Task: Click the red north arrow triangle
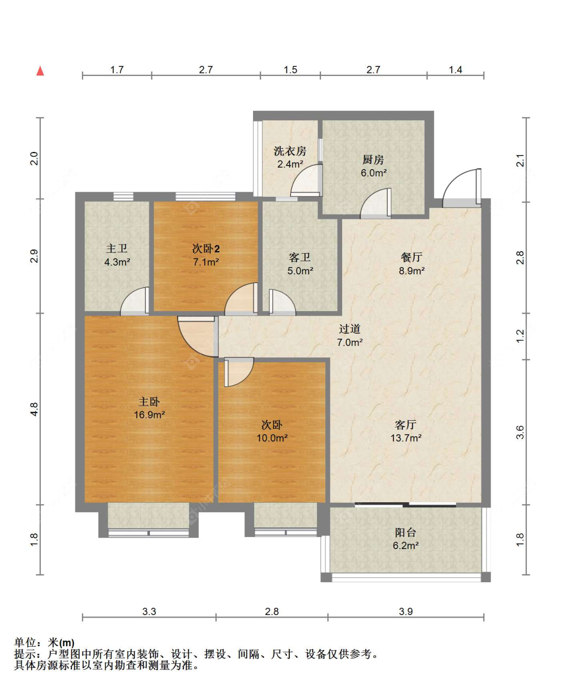[x=40, y=71]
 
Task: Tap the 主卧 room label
[x=149, y=402]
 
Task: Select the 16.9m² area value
[x=149, y=415]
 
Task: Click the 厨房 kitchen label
[x=373, y=160]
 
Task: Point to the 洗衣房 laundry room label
[x=290, y=151]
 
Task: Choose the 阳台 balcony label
[x=406, y=532]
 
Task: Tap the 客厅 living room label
[x=406, y=425]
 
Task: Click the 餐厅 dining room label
[x=411, y=257]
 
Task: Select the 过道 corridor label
[x=350, y=329]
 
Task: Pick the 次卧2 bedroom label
[x=206, y=249]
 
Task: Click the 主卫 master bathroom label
[x=117, y=249]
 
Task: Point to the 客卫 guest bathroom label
[x=299, y=257]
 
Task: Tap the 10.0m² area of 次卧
[x=272, y=438]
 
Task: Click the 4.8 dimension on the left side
[x=34, y=410]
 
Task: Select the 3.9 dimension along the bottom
[x=406, y=611]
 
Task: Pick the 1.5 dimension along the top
[x=290, y=69]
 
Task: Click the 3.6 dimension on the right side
[x=520, y=432]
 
